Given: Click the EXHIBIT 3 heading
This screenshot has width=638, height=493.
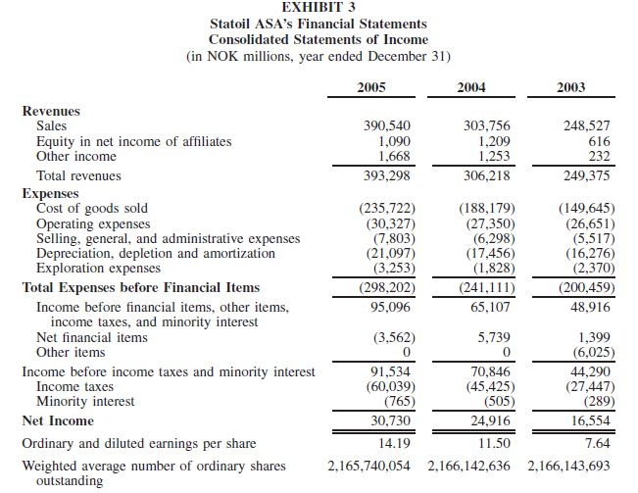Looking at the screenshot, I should (x=319, y=8).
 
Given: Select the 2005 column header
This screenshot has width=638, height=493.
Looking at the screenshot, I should (x=371, y=87).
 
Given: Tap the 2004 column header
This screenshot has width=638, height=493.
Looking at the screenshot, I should (x=471, y=87).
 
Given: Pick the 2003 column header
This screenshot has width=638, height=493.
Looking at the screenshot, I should (x=570, y=87).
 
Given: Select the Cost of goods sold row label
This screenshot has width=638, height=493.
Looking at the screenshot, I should (x=92, y=208).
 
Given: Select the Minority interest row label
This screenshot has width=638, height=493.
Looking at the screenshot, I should (x=85, y=401).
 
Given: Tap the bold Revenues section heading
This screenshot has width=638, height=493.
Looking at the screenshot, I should (x=51, y=111).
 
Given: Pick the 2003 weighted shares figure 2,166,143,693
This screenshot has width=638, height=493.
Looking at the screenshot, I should (x=568, y=466).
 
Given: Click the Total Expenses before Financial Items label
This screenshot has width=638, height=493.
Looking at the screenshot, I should (x=141, y=287).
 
